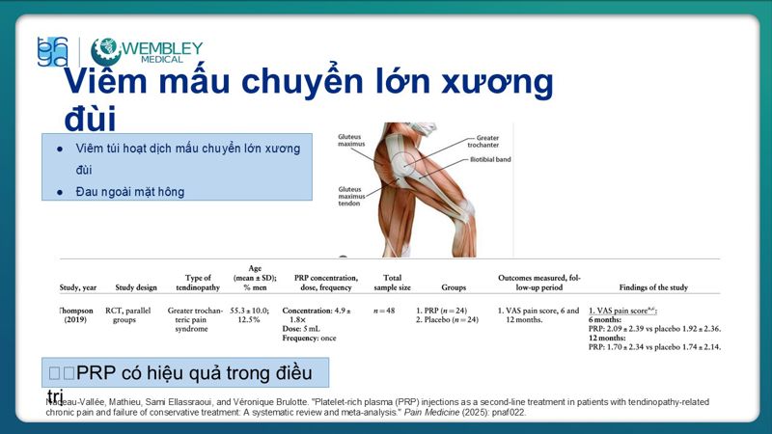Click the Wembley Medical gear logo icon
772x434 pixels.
(x=105, y=49)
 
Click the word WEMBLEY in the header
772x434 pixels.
(x=163, y=47)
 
